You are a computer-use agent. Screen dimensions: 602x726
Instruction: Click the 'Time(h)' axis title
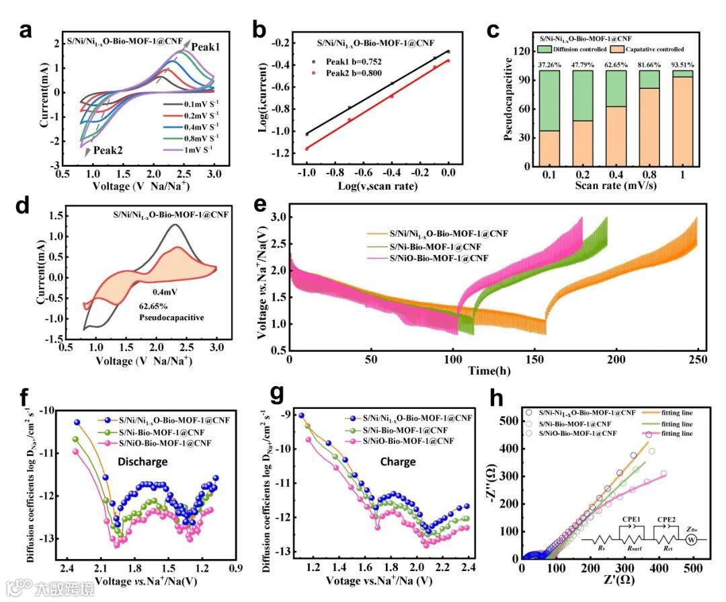(x=491, y=371)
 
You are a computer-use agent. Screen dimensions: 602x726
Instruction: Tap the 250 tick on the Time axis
(x=697, y=360)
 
